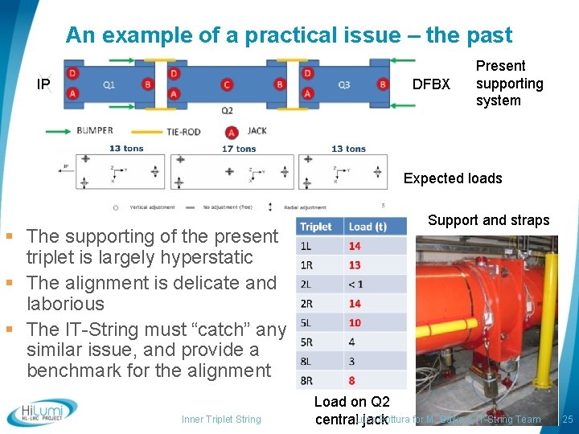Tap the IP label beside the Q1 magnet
pyautogui.click(x=44, y=84)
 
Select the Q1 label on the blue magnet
pyautogui.click(x=109, y=84)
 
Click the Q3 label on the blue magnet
pyautogui.click(x=343, y=84)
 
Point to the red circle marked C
pyautogui.click(x=228, y=84)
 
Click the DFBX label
pyautogui.click(x=431, y=84)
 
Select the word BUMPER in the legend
pyautogui.click(x=95, y=130)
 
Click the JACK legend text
pyautogui.click(x=257, y=131)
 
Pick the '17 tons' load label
pyautogui.click(x=239, y=149)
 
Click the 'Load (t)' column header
pyautogui.click(x=368, y=227)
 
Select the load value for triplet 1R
pyautogui.click(x=355, y=265)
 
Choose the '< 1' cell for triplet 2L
pyautogui.click(x=355, y=285)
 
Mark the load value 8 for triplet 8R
pyautogui.click(x=352, y=381)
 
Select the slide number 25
pyautogui.click(x=568, y=420)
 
